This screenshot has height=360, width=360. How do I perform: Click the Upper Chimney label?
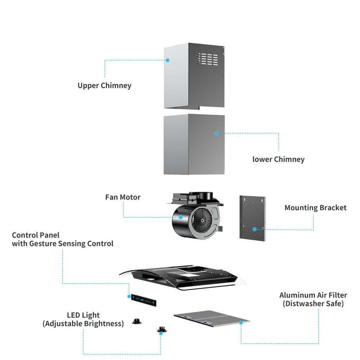point(104,86)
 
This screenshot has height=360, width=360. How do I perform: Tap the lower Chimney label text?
point(278,159)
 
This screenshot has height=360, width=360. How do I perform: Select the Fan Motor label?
point(123,197)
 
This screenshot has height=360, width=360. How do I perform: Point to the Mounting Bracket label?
point(315,208)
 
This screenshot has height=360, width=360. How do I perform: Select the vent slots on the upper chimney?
point(207,59)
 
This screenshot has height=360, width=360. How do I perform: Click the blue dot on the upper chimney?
point(168,60)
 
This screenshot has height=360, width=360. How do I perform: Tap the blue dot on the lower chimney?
point(216,133)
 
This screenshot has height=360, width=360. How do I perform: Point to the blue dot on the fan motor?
point(181,217)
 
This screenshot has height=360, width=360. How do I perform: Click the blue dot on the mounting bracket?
point(254,229)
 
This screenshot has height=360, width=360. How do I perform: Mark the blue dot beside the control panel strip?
point(129,296)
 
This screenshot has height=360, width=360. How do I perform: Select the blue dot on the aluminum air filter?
point(241,323)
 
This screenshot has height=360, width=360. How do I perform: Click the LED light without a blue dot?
point(136,321)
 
